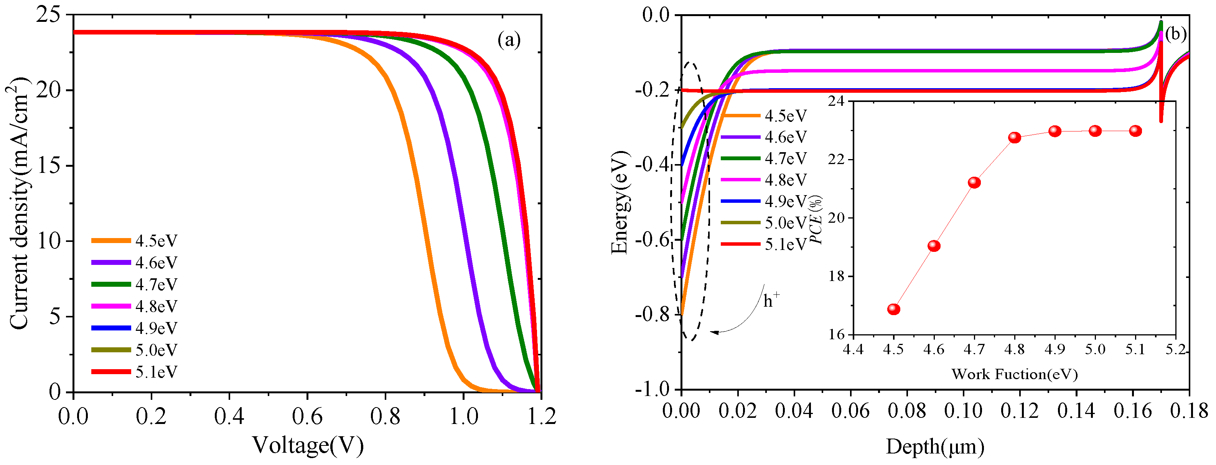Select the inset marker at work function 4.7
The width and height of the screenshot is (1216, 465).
point(974,182)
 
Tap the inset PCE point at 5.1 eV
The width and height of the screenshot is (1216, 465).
point(1136,131)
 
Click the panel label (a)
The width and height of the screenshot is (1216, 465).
point(509,40)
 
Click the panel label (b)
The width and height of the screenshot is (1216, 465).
point(1175,34)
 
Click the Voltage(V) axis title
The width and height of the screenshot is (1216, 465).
point(308,445)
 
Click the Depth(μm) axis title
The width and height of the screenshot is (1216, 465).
point(935,446)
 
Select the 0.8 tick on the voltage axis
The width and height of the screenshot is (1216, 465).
point(385,416)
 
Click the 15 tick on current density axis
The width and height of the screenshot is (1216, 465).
point(49,166)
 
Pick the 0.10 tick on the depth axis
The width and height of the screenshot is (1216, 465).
point(963,411)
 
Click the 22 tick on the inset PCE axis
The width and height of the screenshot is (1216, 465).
point(837,159)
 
